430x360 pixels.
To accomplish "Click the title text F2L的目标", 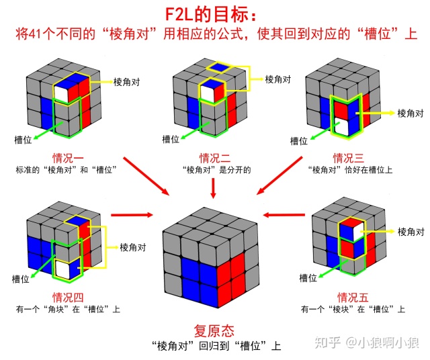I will coord(214,13).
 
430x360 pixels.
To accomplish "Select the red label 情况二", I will coord(214,159).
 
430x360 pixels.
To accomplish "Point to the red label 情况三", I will coord(349,159).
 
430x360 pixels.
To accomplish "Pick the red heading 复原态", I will coord(214,330).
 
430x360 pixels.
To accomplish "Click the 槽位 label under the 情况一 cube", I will coord(24,139).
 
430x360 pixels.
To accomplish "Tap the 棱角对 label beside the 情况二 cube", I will coord(278,79).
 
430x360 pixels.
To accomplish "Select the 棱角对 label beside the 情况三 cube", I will coord(411,113).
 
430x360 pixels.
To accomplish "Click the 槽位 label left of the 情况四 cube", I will coord(19,277).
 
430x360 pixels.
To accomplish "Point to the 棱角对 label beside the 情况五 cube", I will coord(411,232).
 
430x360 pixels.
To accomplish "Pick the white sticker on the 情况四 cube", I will coord(64,269).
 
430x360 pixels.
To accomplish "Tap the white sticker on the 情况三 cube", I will coord(342,125).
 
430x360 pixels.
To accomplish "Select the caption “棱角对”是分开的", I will coord(214,171).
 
